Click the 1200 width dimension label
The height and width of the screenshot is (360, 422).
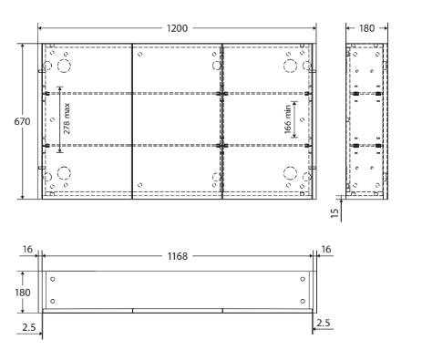pos(177,28)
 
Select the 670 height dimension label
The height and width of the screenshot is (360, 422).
pos(22,121)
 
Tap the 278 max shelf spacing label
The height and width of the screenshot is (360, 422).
pos(67,118)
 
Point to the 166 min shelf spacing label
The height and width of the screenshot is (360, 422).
pos(288,119)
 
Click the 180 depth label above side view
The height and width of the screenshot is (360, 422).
pos(366,28)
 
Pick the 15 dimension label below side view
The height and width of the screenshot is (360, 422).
pos(335,213)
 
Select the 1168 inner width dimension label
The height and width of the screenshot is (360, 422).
pos(178,256)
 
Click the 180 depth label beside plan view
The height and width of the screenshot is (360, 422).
pos(23,293)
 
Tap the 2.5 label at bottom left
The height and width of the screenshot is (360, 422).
pos(29,327)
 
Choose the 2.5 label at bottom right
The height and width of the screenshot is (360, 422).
pos(324,323)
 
